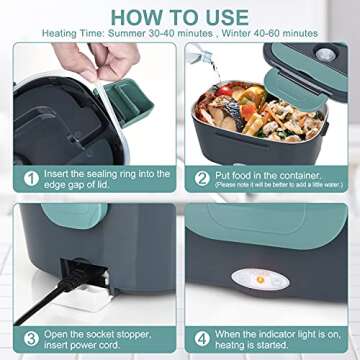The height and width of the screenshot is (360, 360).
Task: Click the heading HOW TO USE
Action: point(180,15)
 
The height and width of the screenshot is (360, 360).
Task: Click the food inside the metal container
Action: point(265,109)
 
